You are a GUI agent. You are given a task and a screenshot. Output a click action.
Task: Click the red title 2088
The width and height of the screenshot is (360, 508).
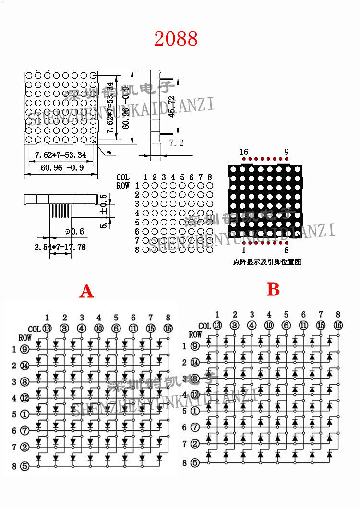(x=176, y=39)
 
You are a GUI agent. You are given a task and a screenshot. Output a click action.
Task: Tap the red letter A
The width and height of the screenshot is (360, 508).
(x=86, y=291)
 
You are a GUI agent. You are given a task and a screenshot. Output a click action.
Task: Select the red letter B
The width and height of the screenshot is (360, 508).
(x=273, y=289)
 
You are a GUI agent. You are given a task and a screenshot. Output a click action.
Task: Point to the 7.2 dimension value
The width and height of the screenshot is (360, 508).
(x=177, y=143)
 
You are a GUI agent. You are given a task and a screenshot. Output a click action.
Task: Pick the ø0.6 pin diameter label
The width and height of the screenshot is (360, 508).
(x=74, y=232)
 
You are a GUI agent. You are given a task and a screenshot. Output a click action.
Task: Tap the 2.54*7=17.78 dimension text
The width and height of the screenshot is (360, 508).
(x=60, y=247)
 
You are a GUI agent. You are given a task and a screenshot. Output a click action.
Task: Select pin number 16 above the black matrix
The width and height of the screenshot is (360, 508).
(x=244, y=153)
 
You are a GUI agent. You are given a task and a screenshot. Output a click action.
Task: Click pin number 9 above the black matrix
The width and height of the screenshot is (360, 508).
(x=287, y=153)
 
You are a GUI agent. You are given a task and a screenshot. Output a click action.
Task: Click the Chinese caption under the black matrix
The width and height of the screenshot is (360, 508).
(x=267, y=262)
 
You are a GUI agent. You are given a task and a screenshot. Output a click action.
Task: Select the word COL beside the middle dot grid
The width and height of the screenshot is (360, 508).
(x=123, y=177)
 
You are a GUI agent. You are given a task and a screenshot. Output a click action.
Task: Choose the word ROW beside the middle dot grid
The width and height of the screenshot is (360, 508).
(x=123, y=185)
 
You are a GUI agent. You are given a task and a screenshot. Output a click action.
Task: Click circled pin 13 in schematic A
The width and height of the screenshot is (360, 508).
(x=47, y=329)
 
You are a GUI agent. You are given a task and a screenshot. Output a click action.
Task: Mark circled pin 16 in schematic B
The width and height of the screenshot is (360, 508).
(x=338, y=325)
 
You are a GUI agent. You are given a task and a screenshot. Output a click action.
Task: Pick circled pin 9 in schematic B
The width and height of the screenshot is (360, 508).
(x=195, y=346)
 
